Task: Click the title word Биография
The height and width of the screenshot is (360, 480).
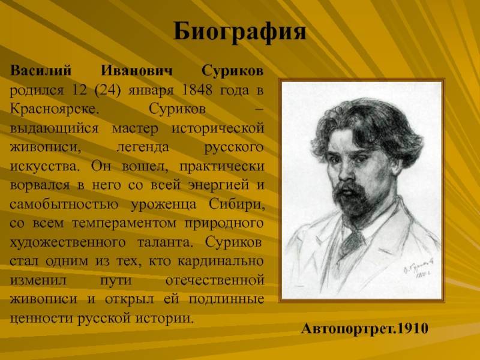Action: click(x=239, y=32)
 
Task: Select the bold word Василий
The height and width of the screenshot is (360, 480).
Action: click(x=41, y=70)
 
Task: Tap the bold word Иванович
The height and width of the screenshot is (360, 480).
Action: click(x=137, y=70)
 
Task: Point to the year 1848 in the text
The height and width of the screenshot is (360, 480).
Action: click(x=197, y=90)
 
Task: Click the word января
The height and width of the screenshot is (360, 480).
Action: click(x=151, y=91)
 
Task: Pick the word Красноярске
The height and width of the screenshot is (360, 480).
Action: click(x=55, y=109)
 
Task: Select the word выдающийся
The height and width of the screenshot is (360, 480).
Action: click(x=54, y=128)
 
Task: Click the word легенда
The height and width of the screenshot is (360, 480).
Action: click(x=143, y=148)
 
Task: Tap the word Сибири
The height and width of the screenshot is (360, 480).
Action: click(x=237, y=204)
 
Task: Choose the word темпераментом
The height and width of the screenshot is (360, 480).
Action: click(x=124, y=223)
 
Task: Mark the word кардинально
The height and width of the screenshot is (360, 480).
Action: click(x=221, y=262)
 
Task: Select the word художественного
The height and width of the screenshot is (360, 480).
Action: click(x=68, y=242)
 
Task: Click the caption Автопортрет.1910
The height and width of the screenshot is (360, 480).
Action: click(x=365, y=328)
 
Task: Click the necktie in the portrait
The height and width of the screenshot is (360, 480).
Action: click(x=352, y=242)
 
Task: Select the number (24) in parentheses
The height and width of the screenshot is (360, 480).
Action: click(x=108, y=91)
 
